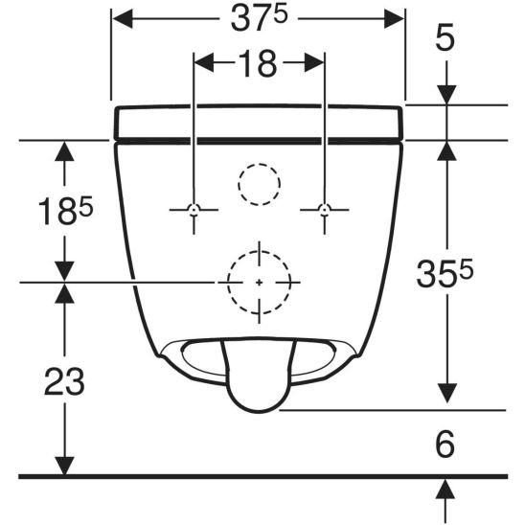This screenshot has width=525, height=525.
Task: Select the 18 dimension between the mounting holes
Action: [x=258, y=63]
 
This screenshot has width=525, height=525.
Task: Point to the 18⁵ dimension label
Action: [x=54, y=210]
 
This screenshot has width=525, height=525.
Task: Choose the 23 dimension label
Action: [x=64, y=381]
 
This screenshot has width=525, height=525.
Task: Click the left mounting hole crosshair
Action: [x=194, y=210]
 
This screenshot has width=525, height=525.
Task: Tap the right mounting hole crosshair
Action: [x=324, y=210]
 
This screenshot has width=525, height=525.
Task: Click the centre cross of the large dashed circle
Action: [x=259, y=282]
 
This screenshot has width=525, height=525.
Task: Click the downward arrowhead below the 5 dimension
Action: [x=446, y=97]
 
